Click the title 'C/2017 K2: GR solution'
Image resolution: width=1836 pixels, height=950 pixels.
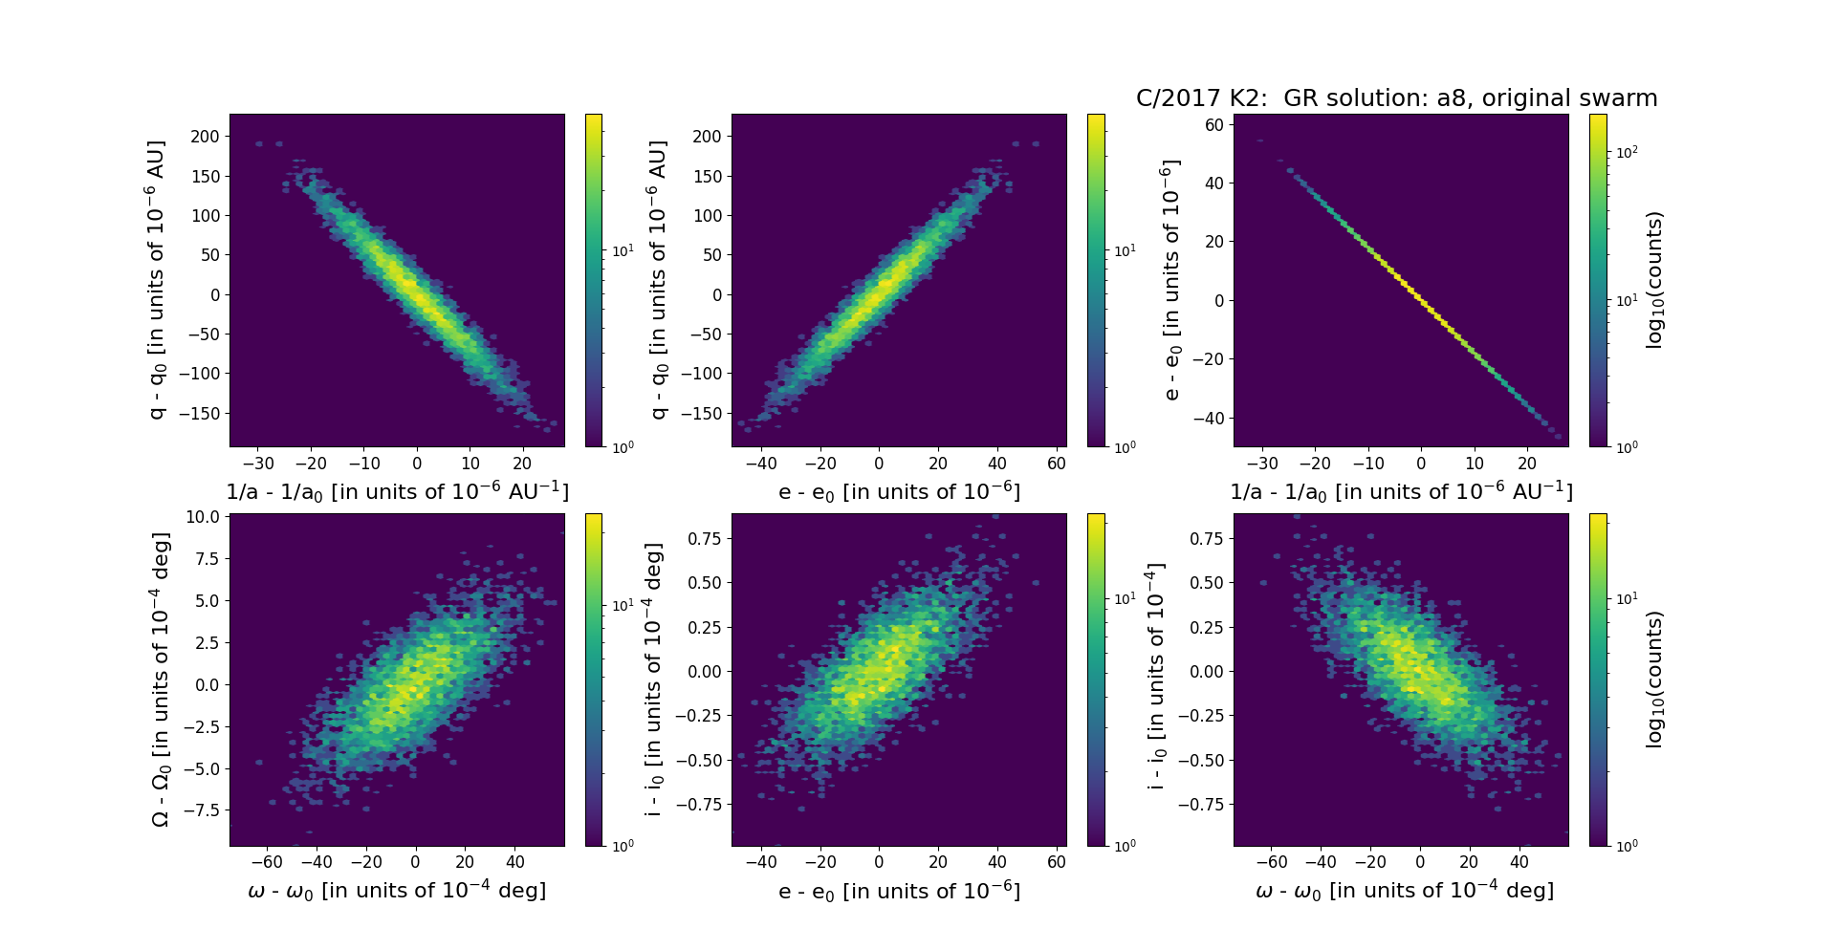pyautogui.click(x=1396, y=98)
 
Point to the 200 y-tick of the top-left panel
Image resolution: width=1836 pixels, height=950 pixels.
pyautogui.click(x=206, y=136)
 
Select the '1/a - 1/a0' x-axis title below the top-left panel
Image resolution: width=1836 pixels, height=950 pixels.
pyautogui.click(x=397, y=491)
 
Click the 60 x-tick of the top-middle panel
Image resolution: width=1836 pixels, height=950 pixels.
pyautogui.click(x=1057, y=464)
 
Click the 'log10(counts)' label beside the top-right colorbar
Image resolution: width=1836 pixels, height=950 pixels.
pyautogui.click(x=1655, y=280)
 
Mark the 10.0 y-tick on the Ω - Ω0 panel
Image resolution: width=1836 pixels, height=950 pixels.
pyautogui.click(x=203, y=517)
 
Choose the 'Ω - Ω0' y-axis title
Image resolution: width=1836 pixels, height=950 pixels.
pyautogui.click(x=161, y=680)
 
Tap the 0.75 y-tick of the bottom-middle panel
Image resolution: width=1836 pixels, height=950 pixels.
pyautogui.click(x=705, y=539)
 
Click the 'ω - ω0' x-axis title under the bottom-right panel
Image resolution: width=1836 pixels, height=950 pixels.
pyautogui.click(x=1405, y=891)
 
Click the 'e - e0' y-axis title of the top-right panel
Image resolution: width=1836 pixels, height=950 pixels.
pyautogui.click(x=1171, y=280)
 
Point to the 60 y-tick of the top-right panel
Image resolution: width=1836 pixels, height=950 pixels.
pyautogui.click(x=1213, y=124)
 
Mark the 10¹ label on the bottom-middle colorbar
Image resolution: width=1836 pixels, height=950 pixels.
pyautogui.click(x=1125, y=599)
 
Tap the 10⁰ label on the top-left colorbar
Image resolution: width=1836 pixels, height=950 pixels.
pyautogui.click(x=623, y=446)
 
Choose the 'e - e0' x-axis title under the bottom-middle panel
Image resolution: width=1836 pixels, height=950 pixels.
pyautogui.click(x=899, y=892)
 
